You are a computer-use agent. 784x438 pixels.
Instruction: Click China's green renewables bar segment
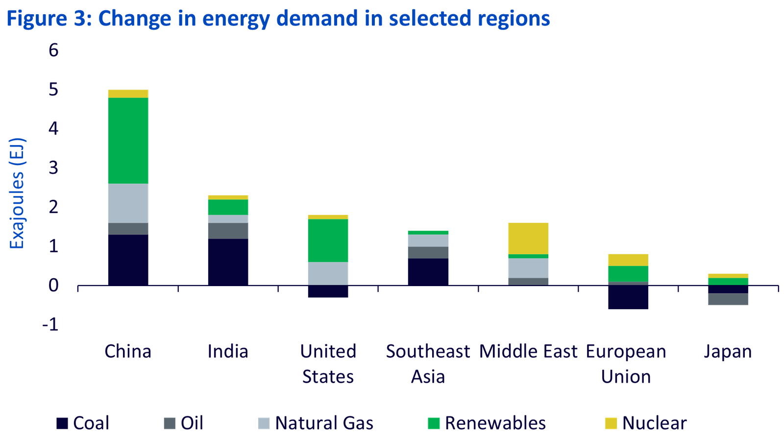point(128,141)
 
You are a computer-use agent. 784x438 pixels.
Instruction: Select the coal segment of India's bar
point(228,262)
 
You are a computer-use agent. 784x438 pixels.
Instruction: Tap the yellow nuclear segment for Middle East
point(528,238)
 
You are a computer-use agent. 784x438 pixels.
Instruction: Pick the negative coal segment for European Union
point(628,297)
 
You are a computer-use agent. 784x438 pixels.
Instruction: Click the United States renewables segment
point(328,240)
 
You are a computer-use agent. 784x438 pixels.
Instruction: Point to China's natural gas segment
point(128,203)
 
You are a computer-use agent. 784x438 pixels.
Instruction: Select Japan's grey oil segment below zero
point(728,299)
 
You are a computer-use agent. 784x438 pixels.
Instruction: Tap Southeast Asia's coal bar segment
point(428,271)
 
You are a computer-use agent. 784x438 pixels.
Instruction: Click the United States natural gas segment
point(328,273)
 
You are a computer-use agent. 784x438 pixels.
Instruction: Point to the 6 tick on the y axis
point(53,50)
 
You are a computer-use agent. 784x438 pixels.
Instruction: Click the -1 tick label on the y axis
point(51,324)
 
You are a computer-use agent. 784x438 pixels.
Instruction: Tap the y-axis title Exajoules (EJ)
point(17,194)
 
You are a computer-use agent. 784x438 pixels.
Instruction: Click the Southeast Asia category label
point(428,364)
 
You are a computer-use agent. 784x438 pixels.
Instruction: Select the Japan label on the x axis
point(728,352)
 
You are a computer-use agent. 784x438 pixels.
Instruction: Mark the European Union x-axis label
point(626,364)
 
